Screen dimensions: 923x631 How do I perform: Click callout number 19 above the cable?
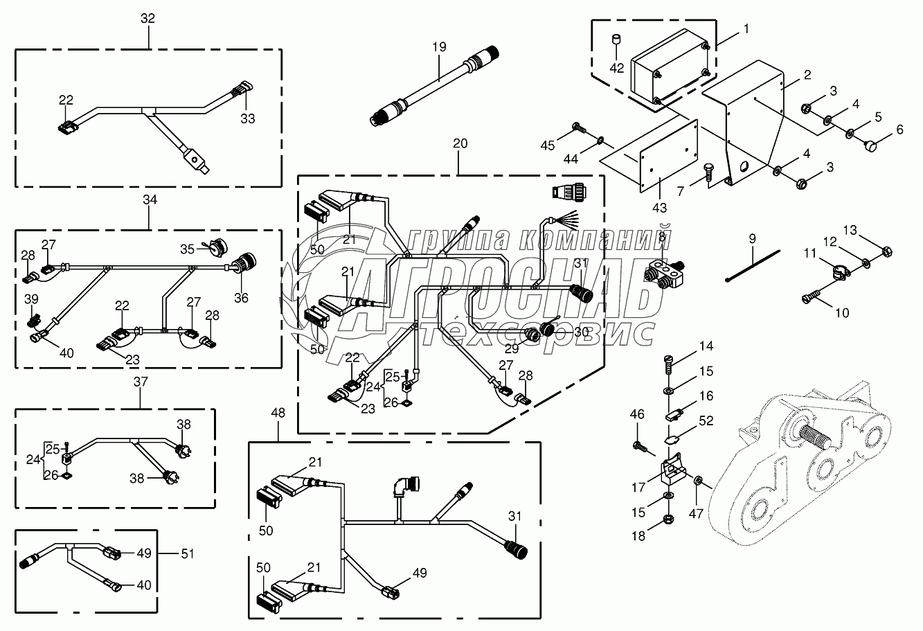439,47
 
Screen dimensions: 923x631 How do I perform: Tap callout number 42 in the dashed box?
617,68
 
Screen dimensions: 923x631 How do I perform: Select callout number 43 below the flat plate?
659,208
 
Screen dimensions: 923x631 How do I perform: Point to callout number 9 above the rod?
753,239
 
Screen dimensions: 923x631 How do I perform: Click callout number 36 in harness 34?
241,298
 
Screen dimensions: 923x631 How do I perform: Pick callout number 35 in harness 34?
187,249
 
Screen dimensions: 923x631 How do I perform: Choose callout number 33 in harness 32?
248,118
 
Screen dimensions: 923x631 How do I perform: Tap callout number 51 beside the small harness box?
188,553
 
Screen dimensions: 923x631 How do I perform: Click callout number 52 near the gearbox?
706,421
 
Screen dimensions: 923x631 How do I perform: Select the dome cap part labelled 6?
869,145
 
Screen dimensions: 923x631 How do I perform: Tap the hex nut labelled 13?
887,251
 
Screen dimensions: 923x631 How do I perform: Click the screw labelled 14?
667,366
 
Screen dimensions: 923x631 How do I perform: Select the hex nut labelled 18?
669,519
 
